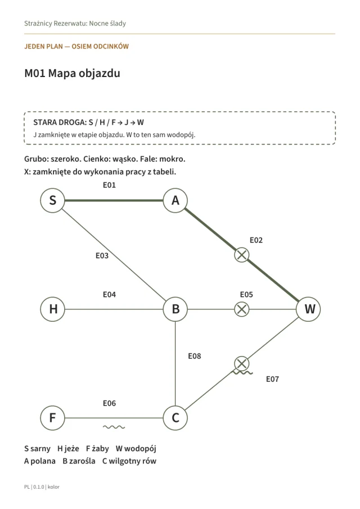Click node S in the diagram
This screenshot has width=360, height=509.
(52, 200)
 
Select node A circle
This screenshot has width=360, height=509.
(175, 200)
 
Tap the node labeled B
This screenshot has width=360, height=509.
(175, 309)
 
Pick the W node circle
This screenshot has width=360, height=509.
(308, 309)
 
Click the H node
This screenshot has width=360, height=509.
(52, 309)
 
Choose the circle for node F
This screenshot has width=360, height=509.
(52, 418)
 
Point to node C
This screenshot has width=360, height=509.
(175, 418)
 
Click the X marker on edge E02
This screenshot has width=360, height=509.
(241, 255)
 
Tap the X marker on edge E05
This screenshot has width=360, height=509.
(241, 309)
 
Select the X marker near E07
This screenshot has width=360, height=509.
(241, 363)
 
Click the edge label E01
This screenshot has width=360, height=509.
(109, 185)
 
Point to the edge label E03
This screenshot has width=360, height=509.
(102, 256)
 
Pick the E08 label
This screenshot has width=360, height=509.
(195, 356)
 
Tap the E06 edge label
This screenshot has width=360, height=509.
(109, 403)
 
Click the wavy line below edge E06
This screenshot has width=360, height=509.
(114, 427)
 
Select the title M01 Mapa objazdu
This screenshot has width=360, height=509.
(72, 73)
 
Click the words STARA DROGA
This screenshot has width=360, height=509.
(60, 123)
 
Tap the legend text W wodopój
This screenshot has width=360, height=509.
(136, 449)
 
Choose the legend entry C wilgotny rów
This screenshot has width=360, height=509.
(129, 461)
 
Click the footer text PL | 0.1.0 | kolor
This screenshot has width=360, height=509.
(42, 487)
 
